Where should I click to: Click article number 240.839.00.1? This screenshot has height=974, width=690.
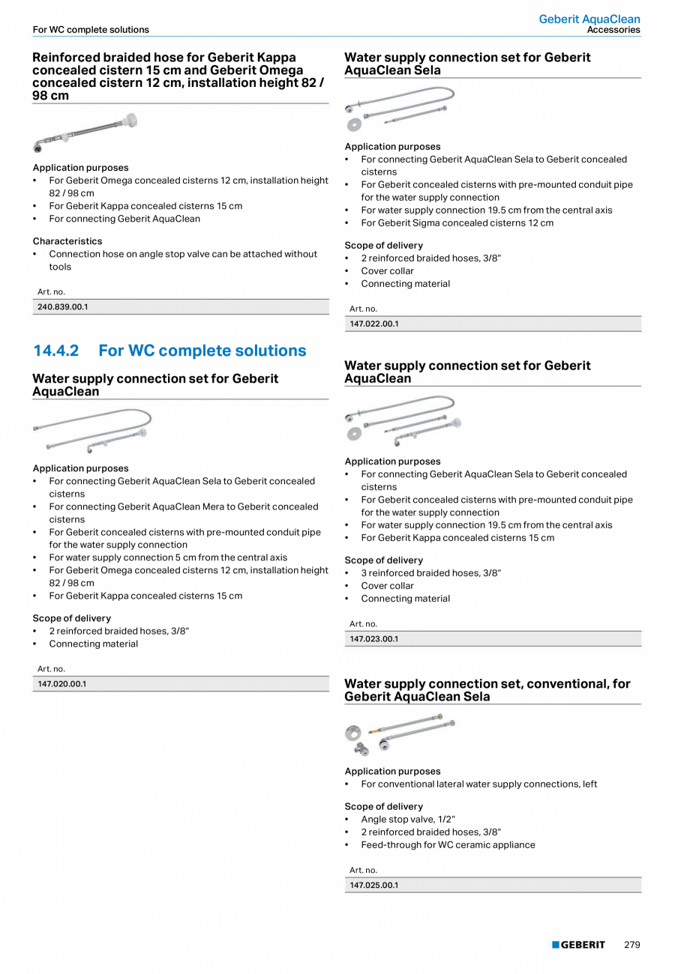63,306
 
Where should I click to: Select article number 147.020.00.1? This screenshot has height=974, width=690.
63,683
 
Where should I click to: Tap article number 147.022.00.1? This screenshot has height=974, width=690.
374,324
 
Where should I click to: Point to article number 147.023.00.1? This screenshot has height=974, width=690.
374,639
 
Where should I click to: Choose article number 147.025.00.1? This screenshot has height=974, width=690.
374,885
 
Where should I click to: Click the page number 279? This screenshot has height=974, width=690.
632,945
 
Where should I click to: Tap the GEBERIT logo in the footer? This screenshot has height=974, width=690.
578,945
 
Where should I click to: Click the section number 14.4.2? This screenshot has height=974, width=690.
55,351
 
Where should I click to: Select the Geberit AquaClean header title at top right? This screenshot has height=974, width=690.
589,19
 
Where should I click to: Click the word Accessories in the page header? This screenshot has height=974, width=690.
613,30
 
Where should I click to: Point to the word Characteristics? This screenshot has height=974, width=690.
67,241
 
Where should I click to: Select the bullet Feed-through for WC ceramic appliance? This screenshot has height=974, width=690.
448,844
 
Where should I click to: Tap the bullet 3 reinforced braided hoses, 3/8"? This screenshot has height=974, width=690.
430,573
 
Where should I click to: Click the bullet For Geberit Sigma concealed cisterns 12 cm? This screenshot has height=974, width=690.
457,223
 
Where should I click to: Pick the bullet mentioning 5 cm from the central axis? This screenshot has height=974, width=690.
168,557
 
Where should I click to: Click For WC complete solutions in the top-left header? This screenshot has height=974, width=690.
91,30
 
